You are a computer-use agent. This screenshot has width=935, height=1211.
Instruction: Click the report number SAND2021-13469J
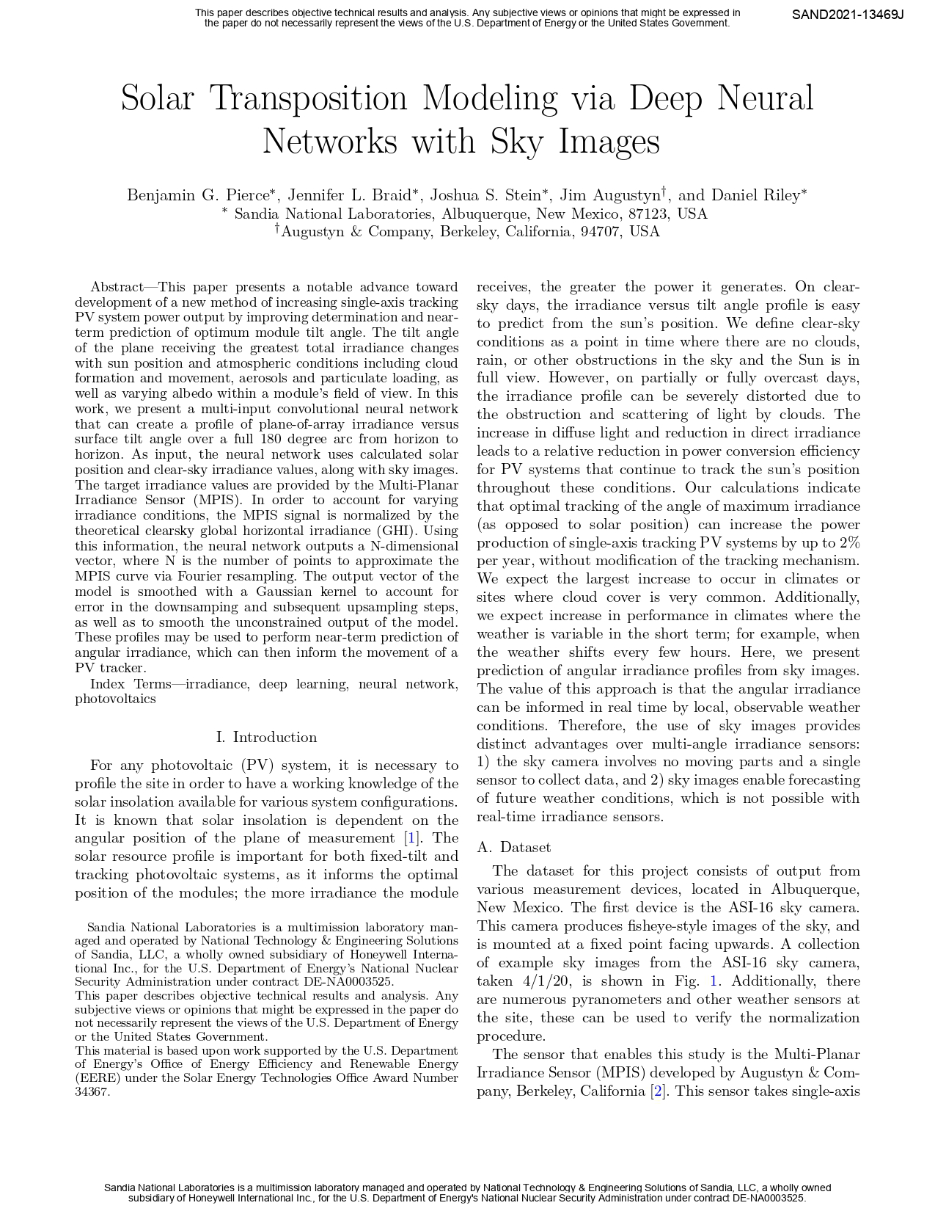(x=847, y=14)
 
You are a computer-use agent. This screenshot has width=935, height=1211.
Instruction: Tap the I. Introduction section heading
(x=267, y=737)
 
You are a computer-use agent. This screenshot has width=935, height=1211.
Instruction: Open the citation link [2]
(x=659, y=1091)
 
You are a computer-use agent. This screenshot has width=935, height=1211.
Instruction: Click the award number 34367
(x=92, y=1091)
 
